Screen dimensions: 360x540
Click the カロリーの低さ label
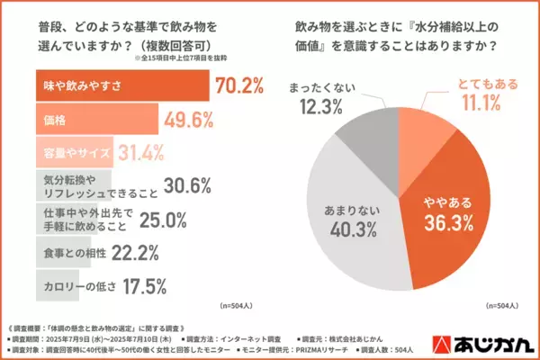(76, 286)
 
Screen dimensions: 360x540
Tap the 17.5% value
(143, 286)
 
